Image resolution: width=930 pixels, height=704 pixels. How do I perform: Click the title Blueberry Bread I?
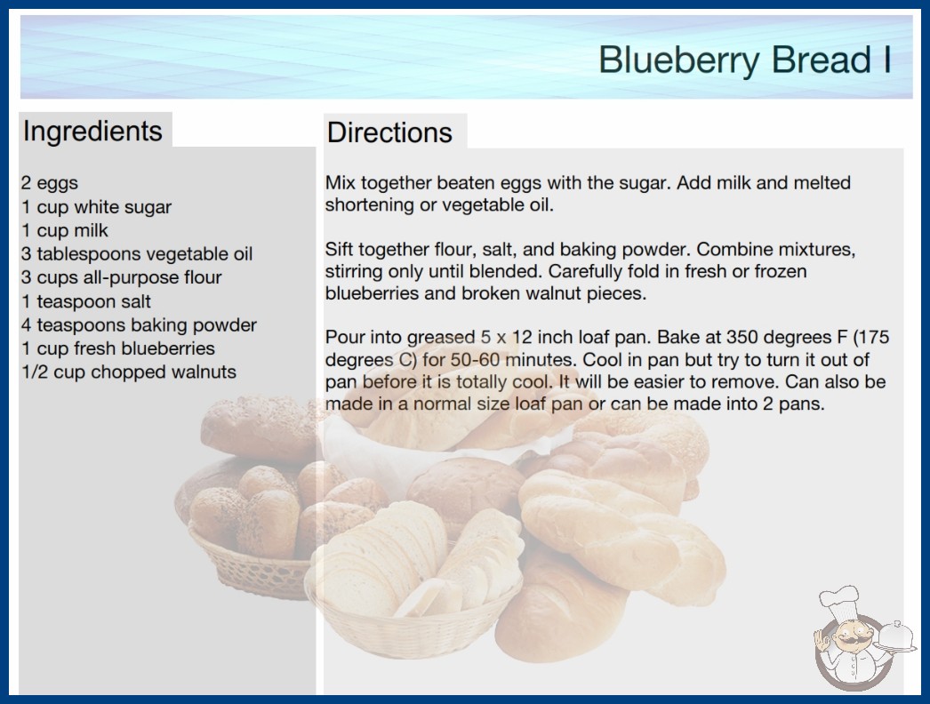click(744, 60)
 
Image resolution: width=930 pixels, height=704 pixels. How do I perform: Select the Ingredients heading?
click(92, 131)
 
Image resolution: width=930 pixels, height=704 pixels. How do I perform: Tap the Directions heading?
click(389, 132)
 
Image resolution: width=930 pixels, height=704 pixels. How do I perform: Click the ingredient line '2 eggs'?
click(50, 183)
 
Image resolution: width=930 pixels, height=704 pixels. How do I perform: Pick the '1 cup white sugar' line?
click(97, 207)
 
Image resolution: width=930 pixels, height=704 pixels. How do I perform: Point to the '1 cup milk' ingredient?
click(65, 230)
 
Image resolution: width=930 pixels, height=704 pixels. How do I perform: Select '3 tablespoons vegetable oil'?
click(137, 254)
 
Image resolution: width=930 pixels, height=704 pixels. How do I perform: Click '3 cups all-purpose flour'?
click(122, 277)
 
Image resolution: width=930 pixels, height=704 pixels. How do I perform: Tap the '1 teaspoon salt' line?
click(86, 301)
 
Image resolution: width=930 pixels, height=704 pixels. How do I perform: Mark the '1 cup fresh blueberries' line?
click(118, 348)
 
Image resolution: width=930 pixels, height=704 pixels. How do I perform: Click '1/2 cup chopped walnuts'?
click(129, 372)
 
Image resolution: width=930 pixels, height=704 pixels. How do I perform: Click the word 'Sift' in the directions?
click(338, 249)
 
